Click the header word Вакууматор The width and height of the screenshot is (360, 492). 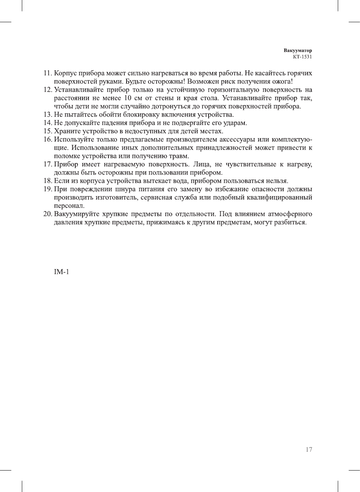pos(297,50)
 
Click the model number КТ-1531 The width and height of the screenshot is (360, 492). pos(302,57)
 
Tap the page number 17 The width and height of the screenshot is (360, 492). pos(309,449)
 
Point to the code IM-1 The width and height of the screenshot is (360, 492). pos(61,272)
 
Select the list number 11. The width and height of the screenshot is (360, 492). pos(47,73)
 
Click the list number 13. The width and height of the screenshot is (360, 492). pos(47,115)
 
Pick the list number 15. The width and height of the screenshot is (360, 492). pos(47,131)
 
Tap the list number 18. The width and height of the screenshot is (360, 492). pos(47,181)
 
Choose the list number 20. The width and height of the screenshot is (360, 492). pos(47,214)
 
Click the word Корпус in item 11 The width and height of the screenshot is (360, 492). pos(66,73)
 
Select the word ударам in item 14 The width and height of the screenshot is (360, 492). pos(235,123)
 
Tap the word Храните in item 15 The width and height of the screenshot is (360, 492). pos(67,131)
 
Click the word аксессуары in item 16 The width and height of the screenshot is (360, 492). pos(237,140)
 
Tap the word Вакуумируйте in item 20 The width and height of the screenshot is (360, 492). pos(77,214)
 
